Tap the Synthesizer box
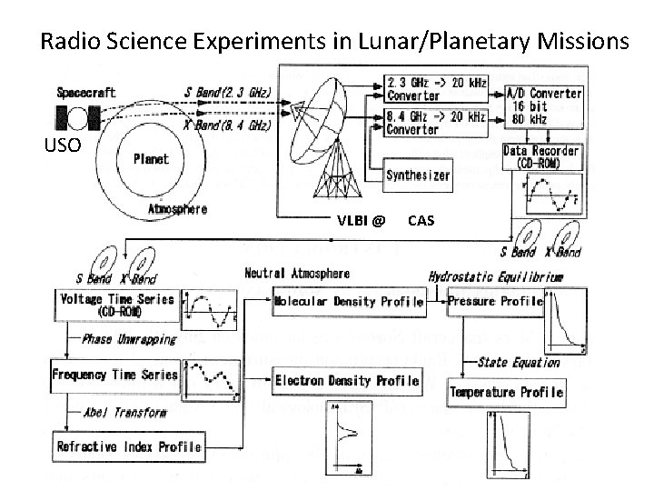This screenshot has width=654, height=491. coord(418,175)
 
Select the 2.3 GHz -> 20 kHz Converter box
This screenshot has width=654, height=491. coord(436,89)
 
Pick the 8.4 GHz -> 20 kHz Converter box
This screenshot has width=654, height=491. coord(436,122)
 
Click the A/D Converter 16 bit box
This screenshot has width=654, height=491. coord(543,105)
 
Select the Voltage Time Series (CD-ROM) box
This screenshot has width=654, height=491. coord(116,305)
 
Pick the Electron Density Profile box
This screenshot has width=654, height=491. coord(347,380)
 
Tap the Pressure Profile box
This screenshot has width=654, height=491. coord(496,301)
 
